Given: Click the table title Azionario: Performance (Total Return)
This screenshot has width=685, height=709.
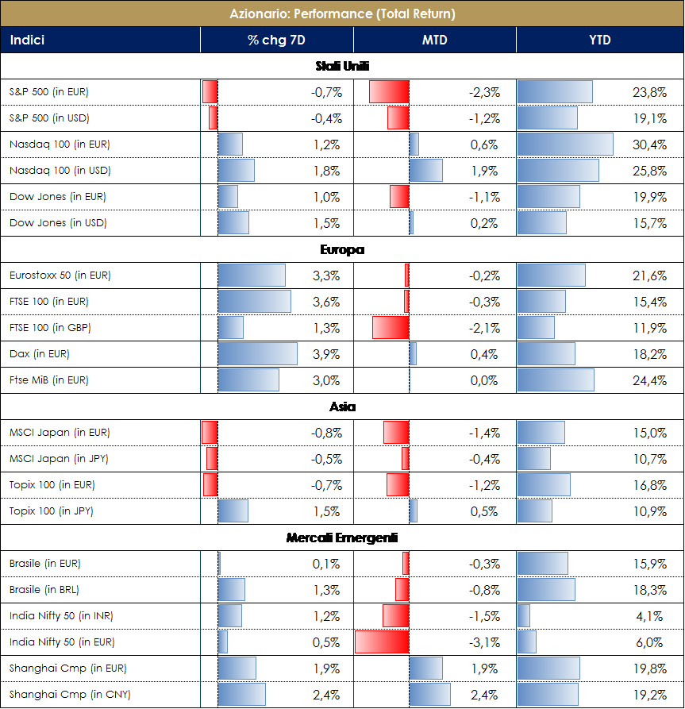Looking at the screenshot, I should [342, 13].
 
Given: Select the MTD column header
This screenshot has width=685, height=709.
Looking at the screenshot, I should [434, 40].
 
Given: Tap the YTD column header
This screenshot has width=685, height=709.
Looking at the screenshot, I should [600, 40].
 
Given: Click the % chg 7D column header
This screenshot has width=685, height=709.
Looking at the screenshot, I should [276, 40].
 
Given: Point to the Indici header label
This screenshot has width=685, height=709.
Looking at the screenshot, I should [27, 40].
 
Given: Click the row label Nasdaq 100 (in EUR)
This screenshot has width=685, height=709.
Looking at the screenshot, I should [60, 144].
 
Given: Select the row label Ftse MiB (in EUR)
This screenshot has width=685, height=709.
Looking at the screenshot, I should [49, 380].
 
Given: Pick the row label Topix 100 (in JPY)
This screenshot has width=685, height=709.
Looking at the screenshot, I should [52, 511].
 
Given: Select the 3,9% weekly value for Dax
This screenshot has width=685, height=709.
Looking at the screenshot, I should [327, 354].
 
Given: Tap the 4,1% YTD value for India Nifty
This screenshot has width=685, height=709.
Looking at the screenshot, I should [650, 616].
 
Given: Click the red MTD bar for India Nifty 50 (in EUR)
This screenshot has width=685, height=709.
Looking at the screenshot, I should [382, 642].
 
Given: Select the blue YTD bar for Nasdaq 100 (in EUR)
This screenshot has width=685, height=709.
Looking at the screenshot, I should [565, 144].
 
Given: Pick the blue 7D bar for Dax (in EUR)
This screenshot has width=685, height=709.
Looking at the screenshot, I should [258, 354].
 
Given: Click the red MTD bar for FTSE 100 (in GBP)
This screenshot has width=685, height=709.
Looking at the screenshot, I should [391, 328].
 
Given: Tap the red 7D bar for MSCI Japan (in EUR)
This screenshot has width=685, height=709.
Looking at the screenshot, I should [210, 433].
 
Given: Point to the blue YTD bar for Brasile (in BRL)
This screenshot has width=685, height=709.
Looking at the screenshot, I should [546, 590].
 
